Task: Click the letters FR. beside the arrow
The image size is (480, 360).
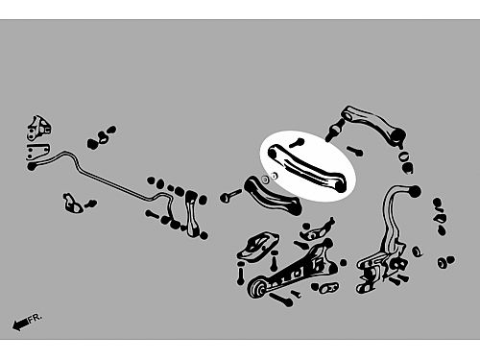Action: (x=35, y=318)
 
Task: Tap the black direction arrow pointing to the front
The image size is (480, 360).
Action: (x=20, y=324)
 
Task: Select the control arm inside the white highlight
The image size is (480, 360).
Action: (x=307, y=168)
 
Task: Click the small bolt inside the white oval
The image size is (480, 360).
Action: (x=297, y=143)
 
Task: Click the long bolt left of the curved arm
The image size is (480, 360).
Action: (x=229, y=195)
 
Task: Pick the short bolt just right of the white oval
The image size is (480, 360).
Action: (x=355, y=151)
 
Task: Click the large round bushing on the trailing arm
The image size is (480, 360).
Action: (x=257, y=288)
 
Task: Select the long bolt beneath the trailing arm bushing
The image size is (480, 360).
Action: (x=281, y=300)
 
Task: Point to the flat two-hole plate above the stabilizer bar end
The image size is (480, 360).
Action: (x=37, y=152)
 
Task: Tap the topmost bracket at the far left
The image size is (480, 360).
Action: (x=39, y=128)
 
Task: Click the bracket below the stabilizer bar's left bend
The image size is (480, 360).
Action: (x=73, y=203)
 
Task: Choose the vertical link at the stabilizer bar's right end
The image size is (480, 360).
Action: (x=192, y=213)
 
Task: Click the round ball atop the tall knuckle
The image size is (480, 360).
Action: (x=415, y=192)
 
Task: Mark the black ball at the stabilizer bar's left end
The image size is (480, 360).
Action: (x=32, y=166)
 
